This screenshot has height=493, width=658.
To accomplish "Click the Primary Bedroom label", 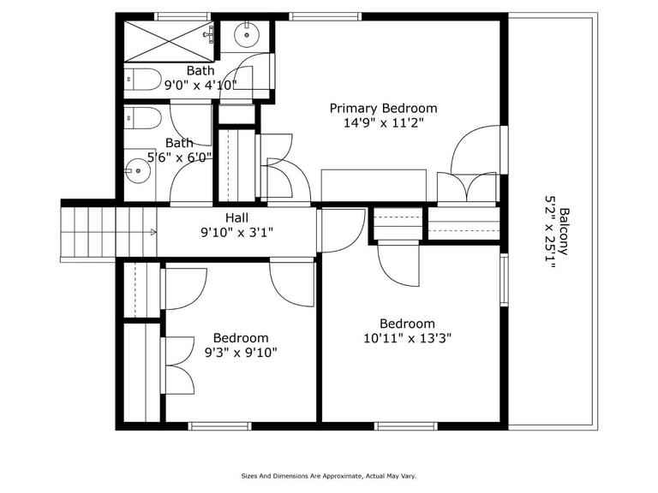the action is tap(383, 109).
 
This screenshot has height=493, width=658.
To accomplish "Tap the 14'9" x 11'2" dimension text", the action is tap(383, 123).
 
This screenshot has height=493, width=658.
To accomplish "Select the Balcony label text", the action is tap(565, 231).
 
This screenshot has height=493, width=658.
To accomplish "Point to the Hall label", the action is tap(236, 217).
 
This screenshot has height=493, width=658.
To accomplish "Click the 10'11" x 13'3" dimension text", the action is tap(407, 338).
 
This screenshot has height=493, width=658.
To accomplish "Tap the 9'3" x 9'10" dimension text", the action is tap(241, 353).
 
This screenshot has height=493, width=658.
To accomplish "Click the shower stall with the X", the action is tap(169, 41).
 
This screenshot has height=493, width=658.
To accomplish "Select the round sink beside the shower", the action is tap(247, 34).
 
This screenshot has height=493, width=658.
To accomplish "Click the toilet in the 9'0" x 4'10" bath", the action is tap(143, 79).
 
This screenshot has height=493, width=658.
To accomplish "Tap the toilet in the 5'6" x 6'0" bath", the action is tap(143, 118).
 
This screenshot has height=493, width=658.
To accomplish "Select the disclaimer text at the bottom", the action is tap(329, 476).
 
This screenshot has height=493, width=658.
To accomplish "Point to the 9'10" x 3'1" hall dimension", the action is tap(237, 232).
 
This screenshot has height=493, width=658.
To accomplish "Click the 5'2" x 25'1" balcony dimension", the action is tap(550, 232).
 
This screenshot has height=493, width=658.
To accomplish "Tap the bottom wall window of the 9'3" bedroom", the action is tap(219, 426).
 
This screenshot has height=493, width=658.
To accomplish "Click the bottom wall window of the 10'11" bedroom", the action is tap(406, 426).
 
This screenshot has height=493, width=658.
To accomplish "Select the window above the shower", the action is tap(182, 16).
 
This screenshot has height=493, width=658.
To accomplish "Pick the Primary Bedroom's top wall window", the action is tap(326, 16).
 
